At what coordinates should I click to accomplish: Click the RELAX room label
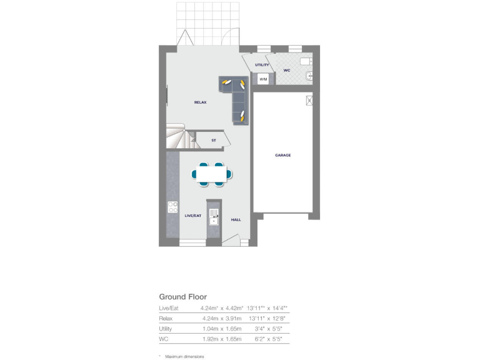pyautogui.click(x=200, y=102)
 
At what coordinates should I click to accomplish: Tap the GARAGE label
pyautogui.click(x=282, y=155)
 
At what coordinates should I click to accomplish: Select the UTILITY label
pyautogui.click(x=261, y=65)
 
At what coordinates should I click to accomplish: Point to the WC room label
pyautogui.click(x=286, y=71)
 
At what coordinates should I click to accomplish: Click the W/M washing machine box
pyautogui.click(x=263, y=79)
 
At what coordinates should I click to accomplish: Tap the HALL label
pyautogui.click(x=236, y=220)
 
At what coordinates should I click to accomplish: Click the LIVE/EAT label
pyautogui.click(x=192, y=215)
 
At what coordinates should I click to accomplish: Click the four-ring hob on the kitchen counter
pyautogui.click(x=172, y=207)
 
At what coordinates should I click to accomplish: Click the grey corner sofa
pyautogui.click(x=237, y=97)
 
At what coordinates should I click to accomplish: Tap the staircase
pyautogui.click(x=178, y=136)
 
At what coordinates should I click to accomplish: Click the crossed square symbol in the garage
pyautogui.click(x=308, y=101)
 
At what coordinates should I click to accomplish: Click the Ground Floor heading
pyautogui.click(x=182, y=297)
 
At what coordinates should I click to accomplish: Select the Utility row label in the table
pyautogui.click(x=165, y=329)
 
